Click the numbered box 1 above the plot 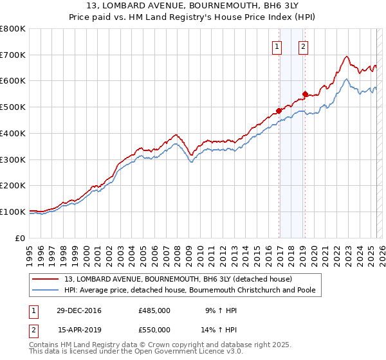pyautogui.click(x=277, y=46)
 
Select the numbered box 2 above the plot pyautogui.click(x=302, y=46)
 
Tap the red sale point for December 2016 pyautogui.click(x=279, y=111)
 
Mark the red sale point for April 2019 pyautogui.click(x=305, y=94)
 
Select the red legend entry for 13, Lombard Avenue pyautogui.click(x=178, y=279)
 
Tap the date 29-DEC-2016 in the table pyautogui.click(x=79, y=310)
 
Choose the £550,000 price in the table pyautogui.click(x=154, y=330)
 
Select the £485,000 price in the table pyautogui.click(x=154, y=310)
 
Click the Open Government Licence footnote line pyautogui.click(x=136, y=352)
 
